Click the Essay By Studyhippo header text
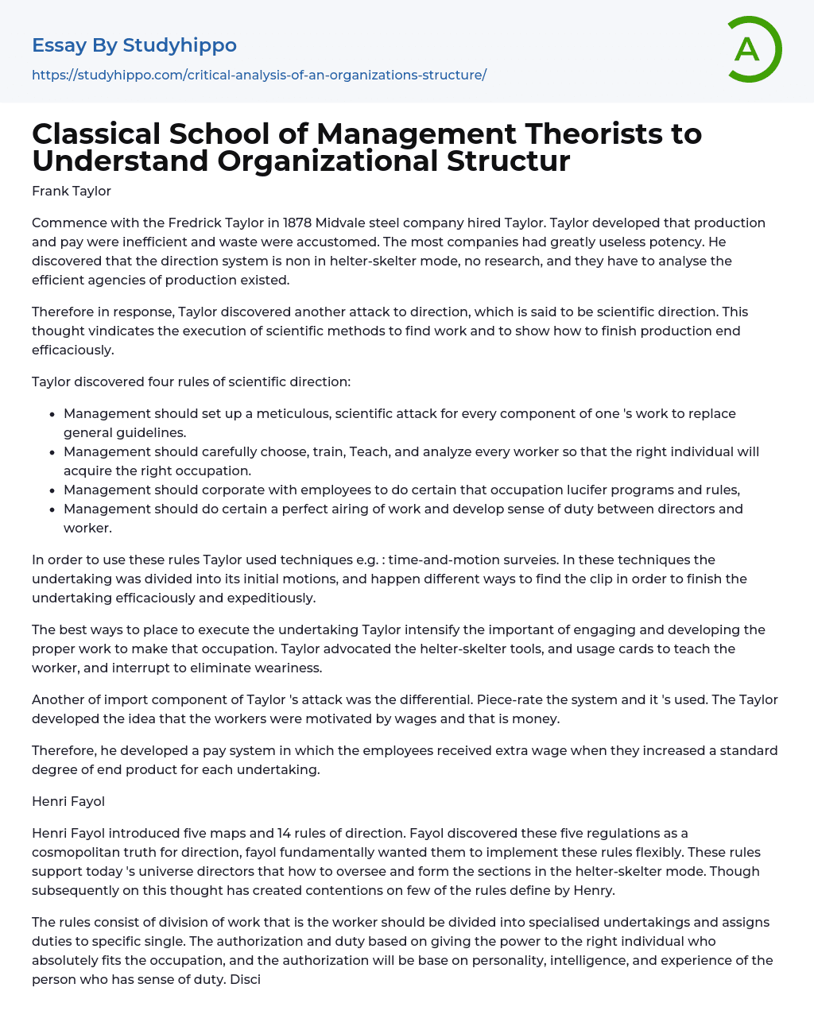(x=134, y=45)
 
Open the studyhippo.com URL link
(x=259, y=75)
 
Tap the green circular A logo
(x=751, y=49)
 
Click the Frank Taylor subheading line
(x=72, y=191)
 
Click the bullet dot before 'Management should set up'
(x=52, y=414)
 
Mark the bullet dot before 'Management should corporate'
(x=52, y=490)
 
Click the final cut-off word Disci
(x=246, y=979)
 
